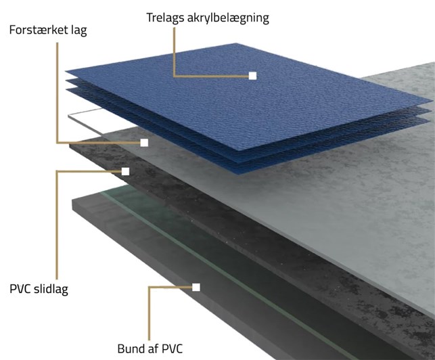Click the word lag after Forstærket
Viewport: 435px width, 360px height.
80,30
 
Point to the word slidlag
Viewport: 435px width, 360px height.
51,289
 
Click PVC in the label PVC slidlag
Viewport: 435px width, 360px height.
20,289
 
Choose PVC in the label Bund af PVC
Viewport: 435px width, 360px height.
173,349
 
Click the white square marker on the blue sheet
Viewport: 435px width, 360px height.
252,76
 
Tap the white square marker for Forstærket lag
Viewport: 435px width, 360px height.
144,143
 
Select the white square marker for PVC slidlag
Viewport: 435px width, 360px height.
125,171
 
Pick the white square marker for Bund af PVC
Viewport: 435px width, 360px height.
196,288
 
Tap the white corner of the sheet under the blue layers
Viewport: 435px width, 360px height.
70,116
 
